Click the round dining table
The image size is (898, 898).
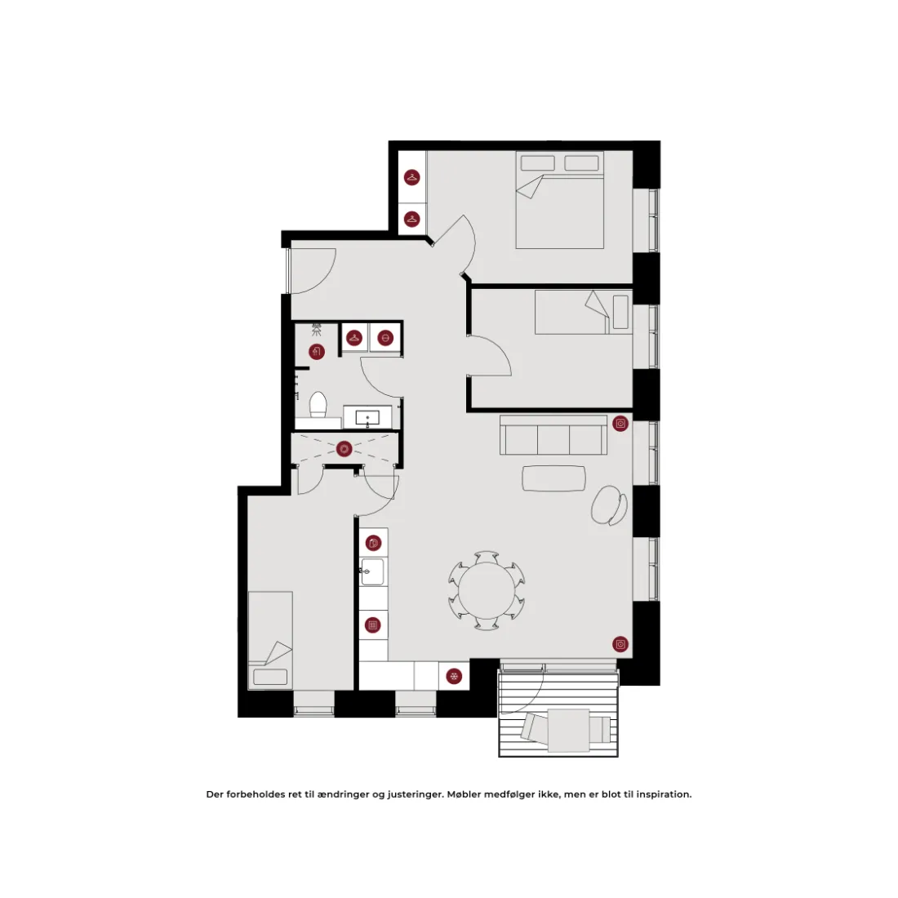(x=487, y=590)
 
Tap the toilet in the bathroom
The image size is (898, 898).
(x=318, y=405)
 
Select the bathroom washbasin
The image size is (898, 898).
(x=367, y=418)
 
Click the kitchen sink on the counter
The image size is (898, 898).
(x=372, y=571)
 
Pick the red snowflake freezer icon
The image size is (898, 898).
(x=454, y=677)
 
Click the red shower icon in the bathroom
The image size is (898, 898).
(x=317, y=351)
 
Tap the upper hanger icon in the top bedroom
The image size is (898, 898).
(x=411, y=177)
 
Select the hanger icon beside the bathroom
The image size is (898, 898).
(x=354, y=338)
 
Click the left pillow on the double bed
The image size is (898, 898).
(x=538, y=163)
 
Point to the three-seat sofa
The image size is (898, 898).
(x=553, y=434)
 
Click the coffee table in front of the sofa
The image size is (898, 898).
(x=553, y=478)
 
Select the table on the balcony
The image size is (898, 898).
(x=569, y=730)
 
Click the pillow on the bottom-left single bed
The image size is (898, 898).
(x=270, y=677)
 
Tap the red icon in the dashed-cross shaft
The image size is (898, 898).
(x=345, y=448)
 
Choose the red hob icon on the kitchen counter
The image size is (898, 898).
(x=373, y=625)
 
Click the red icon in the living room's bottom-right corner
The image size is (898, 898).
(x=620, y=644)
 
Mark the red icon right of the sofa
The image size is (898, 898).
(x=620, y=423)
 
